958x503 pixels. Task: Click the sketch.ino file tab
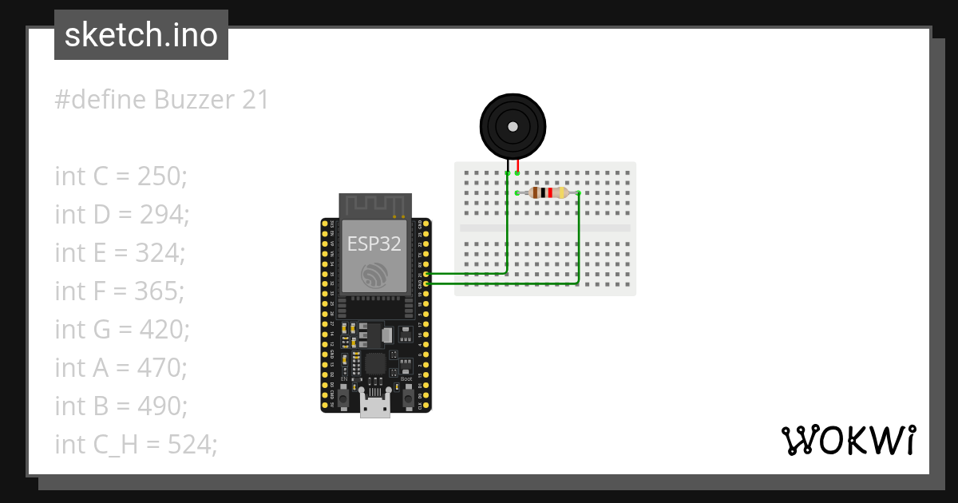(x=141, y=35)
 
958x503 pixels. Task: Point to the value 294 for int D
(x=163, y=214)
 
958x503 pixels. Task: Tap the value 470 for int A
(x=162, y=367)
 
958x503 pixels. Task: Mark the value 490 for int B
(x=162, y=406)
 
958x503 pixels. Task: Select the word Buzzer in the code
(x=191, y=100)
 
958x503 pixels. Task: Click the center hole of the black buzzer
(x=513, y=126)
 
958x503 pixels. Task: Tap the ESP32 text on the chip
(x=374, y=243)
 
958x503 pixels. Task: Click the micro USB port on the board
(x=374, y=408)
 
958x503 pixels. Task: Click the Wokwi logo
(x=848, y=440)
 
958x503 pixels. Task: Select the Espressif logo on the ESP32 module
(x=374, y=275)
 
